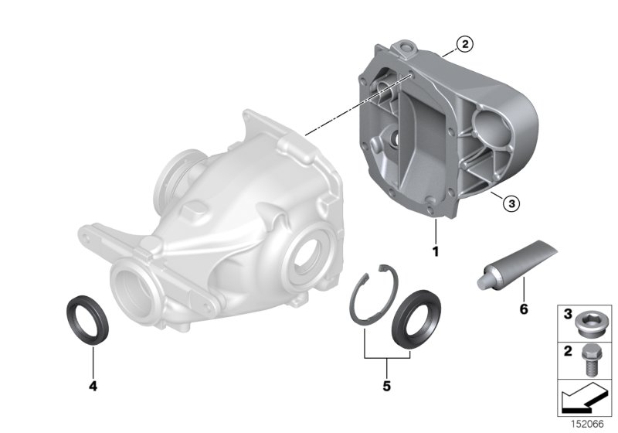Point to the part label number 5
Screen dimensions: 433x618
point(386,384)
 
